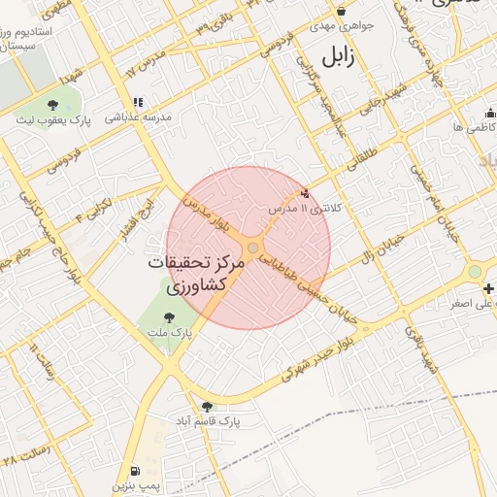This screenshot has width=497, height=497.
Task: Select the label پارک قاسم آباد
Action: [206, 422]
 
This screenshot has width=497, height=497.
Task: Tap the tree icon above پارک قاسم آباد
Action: [206, 407]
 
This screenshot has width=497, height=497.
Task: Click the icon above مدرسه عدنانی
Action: [138, 101]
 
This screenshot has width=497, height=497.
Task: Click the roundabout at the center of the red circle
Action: [252, 249]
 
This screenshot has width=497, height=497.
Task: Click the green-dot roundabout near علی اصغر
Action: [475, 273]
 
